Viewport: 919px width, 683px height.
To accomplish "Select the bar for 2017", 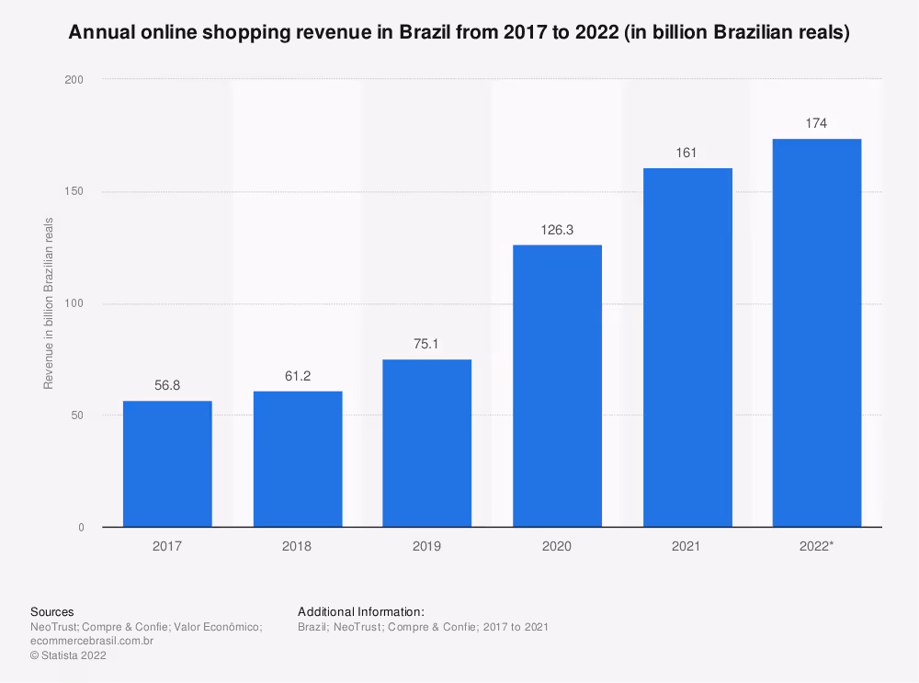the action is [x=167, y=463].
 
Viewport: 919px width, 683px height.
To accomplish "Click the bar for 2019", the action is [x=426, y=443].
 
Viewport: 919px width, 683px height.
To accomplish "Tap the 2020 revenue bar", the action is [x=558, y=386].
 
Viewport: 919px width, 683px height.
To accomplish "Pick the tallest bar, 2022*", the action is [x=817, y=333].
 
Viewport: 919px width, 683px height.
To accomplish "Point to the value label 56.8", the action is [x=167, y=385].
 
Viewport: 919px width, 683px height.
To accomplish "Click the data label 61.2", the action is [x=298, y=376].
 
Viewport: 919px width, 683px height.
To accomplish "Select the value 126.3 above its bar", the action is [x=557, y=230].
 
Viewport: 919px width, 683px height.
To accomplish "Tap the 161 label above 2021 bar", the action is [x=686, y=153].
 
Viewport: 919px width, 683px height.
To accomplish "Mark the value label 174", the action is [x=816, y=123].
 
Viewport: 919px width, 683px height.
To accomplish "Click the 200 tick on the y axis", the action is [x=74, y=80].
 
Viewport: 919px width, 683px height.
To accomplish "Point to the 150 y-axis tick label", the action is [x=74, y=191].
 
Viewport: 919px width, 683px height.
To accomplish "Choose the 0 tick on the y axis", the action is [x=81, y=527].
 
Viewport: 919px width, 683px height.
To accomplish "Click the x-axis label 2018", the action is [x=297, y=546].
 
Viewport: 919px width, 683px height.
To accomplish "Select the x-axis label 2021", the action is [x=686, y=546].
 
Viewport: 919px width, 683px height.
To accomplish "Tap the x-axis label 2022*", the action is [x=816, y=546].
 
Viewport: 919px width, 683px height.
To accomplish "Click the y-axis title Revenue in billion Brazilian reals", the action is [x=49, y=303].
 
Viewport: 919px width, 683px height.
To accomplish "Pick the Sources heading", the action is [x=52, y=611].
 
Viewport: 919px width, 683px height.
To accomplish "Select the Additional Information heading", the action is [x=361, y=611].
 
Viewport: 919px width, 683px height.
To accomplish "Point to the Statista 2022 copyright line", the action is [x=69, y=655].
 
